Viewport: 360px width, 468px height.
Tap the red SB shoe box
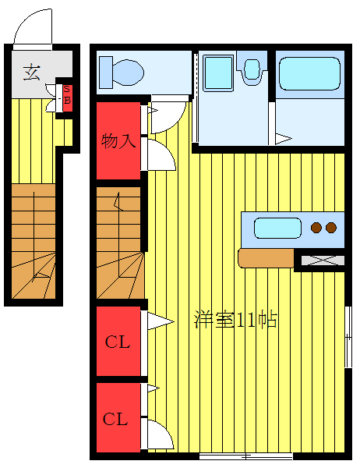[x=67, y=96]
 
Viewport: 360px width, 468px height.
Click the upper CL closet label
[x=118, y=342]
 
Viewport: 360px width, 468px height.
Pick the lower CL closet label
[x=116, y=419]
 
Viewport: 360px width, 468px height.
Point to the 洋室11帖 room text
[x=236, y=320]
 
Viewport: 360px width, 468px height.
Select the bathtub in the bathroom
[x=309, y=76]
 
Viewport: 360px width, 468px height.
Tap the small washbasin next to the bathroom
[x=252, y=70]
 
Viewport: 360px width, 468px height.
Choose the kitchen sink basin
[x=277, y=229]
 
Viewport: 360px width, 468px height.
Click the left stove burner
[x=316, y=228]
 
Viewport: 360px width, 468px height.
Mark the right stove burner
[x=331, y=228]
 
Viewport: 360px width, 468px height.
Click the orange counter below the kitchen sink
[x=266, y=257]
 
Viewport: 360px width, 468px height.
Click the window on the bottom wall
[x=245, y=455]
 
